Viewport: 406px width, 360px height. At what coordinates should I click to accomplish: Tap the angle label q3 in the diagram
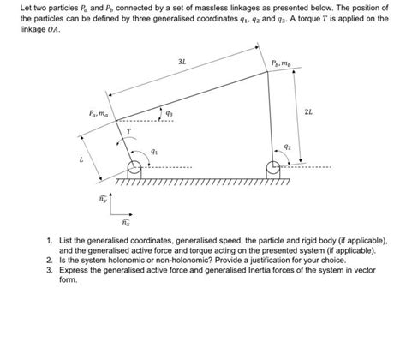click(170, 112)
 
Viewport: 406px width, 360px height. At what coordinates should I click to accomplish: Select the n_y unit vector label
click(103, 198)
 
